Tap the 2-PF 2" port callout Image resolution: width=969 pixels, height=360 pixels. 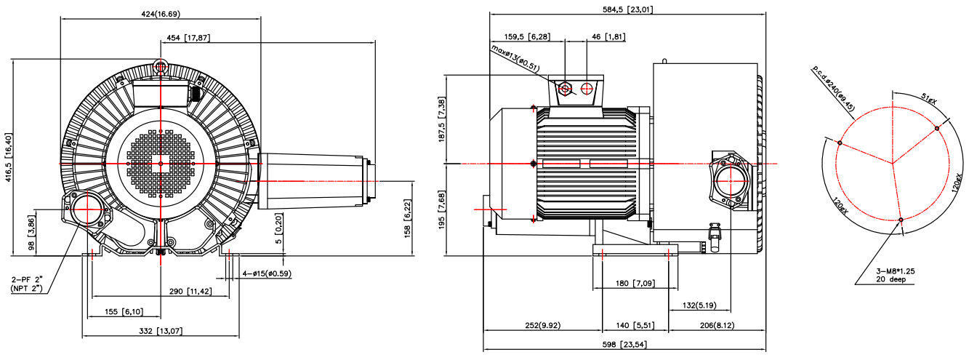[x=27, y=279]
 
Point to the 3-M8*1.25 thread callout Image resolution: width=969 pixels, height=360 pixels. [x=895, y=271]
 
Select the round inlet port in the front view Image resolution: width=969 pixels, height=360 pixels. [x=88, y=209]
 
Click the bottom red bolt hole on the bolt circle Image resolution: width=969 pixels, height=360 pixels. [x=901, y=220]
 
